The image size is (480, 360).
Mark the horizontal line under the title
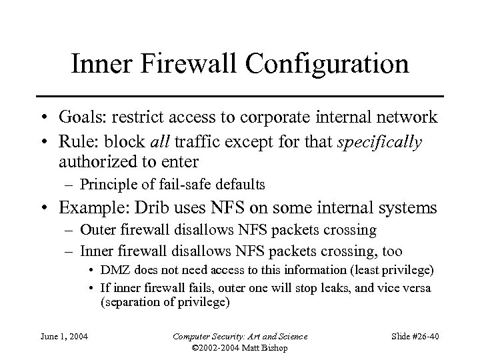240,95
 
